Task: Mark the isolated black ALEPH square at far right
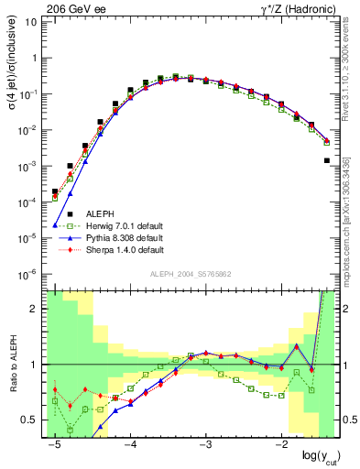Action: click(327, 160)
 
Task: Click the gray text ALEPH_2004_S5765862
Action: click(191, 275)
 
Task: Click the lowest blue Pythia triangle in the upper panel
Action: click(55, 224)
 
